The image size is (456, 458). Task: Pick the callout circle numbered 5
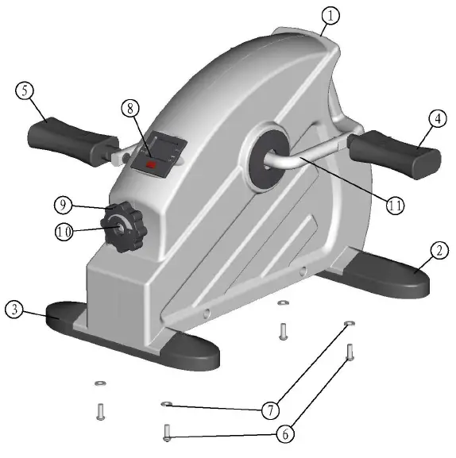26,92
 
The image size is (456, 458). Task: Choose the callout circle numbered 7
269,410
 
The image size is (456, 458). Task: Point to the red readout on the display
151,165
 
